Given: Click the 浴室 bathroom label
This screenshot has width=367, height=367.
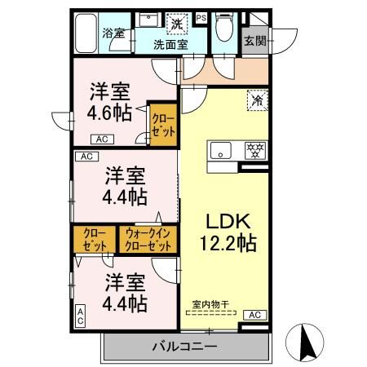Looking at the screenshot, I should [x=113, y=33].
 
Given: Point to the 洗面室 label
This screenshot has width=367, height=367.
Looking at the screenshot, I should [x=171, y=44].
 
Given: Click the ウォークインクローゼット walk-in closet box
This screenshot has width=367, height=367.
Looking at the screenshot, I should [x=148, y=240].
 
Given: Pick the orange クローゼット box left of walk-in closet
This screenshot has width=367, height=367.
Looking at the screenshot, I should [x=95, y=240].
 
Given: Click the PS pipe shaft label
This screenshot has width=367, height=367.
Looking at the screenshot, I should [x=201, y=16].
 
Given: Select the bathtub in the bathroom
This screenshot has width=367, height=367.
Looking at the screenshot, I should [x=84, y=34].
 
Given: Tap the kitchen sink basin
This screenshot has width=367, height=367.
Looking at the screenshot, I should [x=222, y=150].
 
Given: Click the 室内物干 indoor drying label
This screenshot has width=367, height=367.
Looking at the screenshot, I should [x=210, y=305].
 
